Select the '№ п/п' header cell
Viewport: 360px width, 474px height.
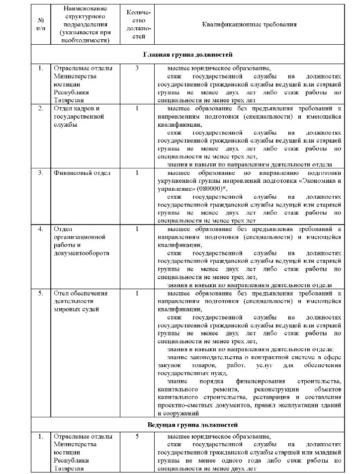click(41, 24)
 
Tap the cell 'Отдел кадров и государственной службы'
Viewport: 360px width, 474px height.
click(80, 116)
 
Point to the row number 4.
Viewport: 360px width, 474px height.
click(41, 229)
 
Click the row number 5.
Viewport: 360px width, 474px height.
click(41, 293)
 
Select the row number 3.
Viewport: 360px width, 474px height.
click(41, 173)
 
